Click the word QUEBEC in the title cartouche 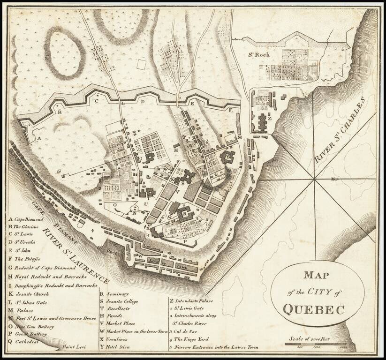313,310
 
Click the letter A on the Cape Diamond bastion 39,139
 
